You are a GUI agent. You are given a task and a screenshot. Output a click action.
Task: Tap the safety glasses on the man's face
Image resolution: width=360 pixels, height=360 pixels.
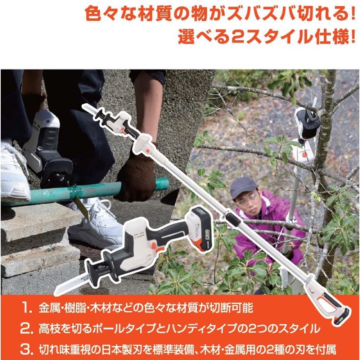(248, 198)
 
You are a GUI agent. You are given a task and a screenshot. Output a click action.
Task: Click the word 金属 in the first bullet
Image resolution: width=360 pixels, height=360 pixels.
(47, 309)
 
